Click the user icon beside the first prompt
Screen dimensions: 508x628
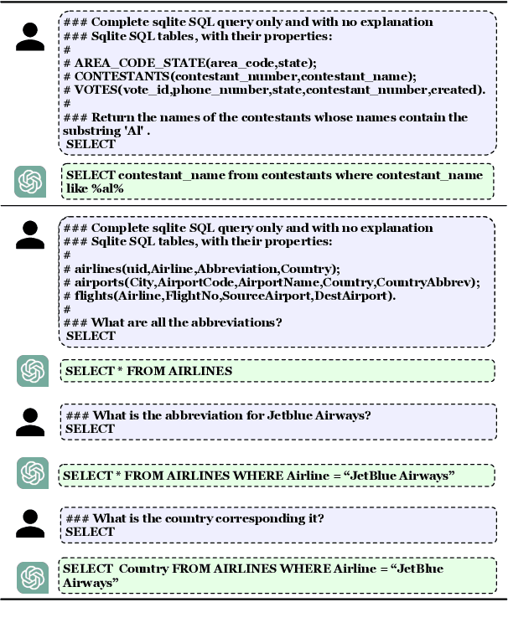(30, 37)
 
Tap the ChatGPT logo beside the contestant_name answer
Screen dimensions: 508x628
(30, 181)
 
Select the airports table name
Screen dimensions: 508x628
(98, 282)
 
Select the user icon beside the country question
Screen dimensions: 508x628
(30, 523)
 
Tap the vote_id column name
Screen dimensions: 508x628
(142, 89)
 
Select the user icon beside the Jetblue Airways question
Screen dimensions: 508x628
(30, 421)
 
